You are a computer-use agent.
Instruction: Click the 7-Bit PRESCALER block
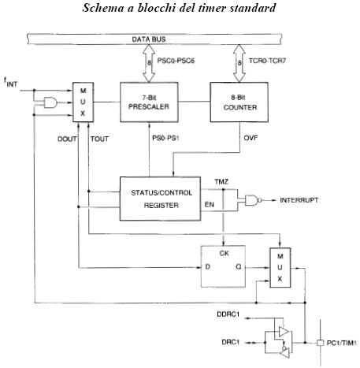(x=149, y=102)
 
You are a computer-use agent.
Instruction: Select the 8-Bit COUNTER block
(x=239, y=102)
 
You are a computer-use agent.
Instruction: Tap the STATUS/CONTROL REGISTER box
(x=161, y=199)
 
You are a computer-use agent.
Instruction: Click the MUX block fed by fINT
(x=83, y=102)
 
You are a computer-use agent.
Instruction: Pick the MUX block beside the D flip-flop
(x=280, y=267)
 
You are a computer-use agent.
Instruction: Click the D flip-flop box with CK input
(x=223, y=266)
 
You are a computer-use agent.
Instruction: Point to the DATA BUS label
(x=149, y=39)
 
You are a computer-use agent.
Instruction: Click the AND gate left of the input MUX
(x=50, y=102)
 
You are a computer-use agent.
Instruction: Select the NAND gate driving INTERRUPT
(x=253, y=200)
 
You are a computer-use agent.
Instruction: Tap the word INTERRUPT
(x=299, y=200)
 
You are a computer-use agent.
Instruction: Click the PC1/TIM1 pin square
(x=320, y=343)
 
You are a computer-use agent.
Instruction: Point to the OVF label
(x=251, y=138)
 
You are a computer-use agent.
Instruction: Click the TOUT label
(x=99, y=139)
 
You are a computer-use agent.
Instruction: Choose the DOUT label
(x=67, y=139)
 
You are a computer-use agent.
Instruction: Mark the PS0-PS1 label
(x=165, y=138)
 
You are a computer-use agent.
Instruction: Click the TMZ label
(x=221, y=182)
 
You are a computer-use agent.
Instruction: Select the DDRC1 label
(x=228, y=314)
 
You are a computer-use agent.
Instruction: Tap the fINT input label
(x=11, y=82)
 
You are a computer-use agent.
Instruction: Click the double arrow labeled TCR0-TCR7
(x=239, y=63)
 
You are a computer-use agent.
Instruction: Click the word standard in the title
(x=253, y=8)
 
